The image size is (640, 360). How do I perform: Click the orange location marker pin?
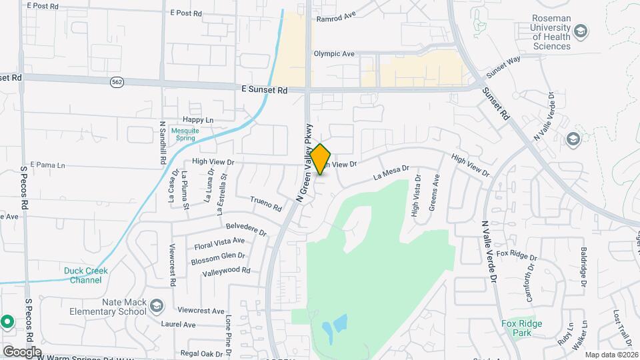(321, 160)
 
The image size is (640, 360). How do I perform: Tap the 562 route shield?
(117, 81)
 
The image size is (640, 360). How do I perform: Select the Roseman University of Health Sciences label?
(551, 32)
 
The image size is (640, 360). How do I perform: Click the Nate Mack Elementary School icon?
(157, 306)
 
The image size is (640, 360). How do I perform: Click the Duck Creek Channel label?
(83, 275)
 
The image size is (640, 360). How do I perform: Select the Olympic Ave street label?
(334, 54)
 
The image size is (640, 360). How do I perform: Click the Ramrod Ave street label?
(336, 18)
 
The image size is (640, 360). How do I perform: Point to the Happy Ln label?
(197, 120)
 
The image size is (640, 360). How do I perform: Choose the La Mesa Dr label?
(390, 173)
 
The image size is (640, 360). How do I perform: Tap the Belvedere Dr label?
(246, 229)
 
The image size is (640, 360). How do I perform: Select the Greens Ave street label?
(435, 193)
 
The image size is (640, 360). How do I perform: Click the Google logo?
(22, 351)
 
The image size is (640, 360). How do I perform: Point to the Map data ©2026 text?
(611, 355)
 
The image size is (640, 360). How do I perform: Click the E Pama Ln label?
(47, 165)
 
